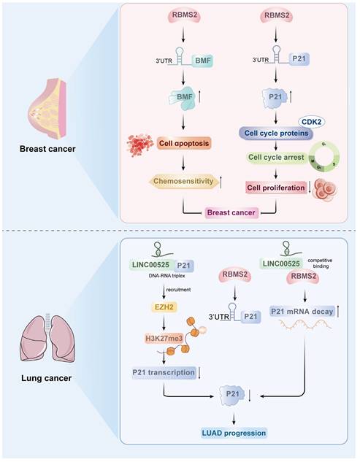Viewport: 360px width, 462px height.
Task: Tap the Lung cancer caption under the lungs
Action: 46,379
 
